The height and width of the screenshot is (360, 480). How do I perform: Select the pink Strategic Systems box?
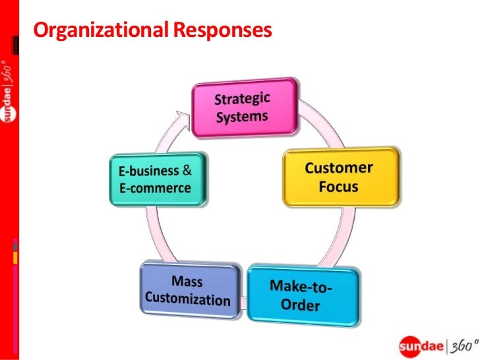point(243,108)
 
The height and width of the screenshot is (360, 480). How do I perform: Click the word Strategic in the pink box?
point(243,101)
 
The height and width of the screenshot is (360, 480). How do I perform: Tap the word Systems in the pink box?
point(243,118)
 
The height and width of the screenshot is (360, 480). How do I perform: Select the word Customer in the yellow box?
point(339,167)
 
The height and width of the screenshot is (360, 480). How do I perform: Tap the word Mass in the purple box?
point(187,282)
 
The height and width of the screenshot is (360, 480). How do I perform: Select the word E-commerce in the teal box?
point(155,188)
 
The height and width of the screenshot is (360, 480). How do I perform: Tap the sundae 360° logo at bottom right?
point(435,344)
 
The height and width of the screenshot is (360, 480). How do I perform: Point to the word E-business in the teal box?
point(148,171)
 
